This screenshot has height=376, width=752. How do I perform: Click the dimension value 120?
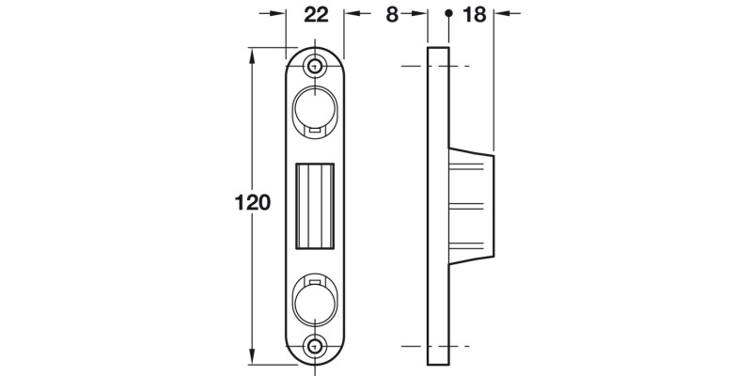point(253,203)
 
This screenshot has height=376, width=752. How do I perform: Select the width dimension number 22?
point(315,14)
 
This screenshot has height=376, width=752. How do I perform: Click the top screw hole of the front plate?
point(315,66)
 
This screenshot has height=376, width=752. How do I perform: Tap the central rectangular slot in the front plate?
point(315,205)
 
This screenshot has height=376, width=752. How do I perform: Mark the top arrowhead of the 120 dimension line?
point(252,54)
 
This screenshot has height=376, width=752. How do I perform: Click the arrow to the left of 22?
point(274,14)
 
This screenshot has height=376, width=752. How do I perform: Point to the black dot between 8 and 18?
point(448,14)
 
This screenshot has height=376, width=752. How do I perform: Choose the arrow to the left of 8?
point(417,14)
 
